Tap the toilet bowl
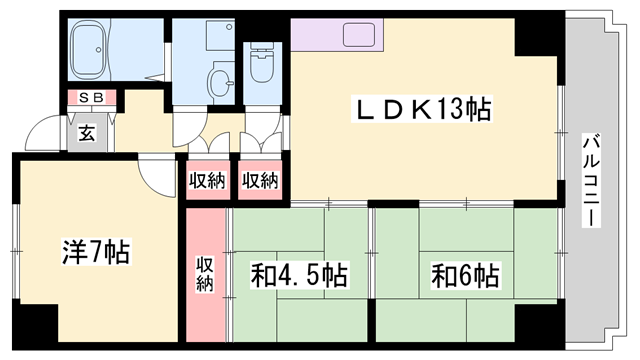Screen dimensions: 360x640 pos(263,71)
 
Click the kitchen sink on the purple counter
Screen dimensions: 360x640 pos(358,36)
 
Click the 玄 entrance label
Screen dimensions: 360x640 pos(87,133)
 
